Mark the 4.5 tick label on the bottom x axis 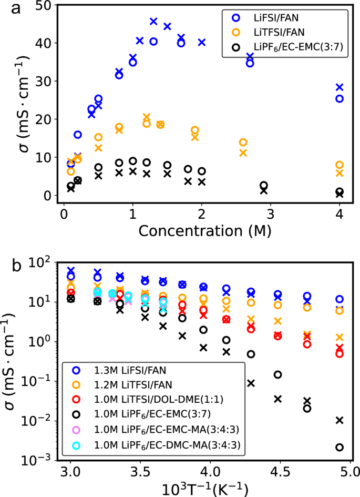[281, 468]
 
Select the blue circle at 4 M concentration [340, 98]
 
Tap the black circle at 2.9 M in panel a [264, 185]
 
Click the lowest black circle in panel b [340, 448]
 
